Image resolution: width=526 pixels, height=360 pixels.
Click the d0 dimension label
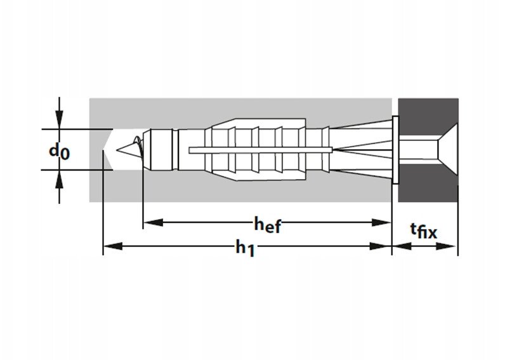(60, 152)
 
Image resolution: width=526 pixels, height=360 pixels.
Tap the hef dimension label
(267, 225)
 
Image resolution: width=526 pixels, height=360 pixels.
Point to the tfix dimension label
(424, 230)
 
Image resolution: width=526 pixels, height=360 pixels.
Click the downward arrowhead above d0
(60, 119)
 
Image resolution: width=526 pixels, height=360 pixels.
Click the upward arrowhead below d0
(60, 179)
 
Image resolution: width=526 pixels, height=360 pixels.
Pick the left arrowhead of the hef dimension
(154, 222)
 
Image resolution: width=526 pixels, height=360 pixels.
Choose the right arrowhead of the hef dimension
(382, 222)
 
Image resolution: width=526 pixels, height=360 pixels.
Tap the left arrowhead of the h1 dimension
(113, 246)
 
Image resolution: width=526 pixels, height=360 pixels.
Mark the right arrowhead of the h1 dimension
(380, 246)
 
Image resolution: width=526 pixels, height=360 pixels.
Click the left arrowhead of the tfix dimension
(402, 246)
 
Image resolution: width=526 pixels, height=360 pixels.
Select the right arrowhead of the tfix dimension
(445, 246)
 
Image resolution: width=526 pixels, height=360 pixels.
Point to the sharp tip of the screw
(117, 150)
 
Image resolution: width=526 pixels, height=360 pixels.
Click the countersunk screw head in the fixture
(448, 149)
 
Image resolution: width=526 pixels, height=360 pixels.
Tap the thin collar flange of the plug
(395, 150)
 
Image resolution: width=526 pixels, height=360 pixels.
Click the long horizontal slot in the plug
(261, 150)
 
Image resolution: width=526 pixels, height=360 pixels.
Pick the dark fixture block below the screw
(428, 183)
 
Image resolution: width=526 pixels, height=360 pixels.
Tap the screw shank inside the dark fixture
(418, 149)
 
